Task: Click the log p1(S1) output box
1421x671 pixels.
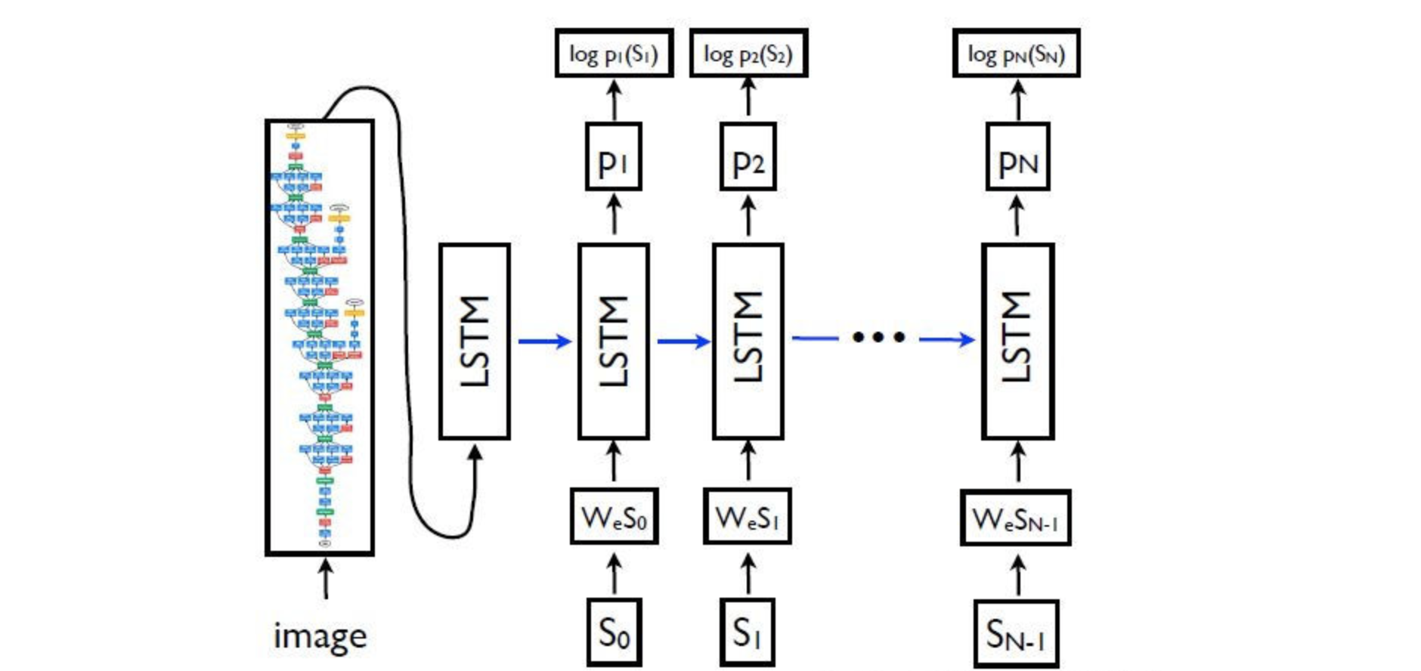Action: click(x=614, y=54)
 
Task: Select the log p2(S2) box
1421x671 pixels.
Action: click(x=748, y=54)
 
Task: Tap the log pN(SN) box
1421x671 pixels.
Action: click(x=1016, y=54)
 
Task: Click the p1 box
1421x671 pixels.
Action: click(x=613, y=157)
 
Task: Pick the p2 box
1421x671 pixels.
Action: click(x=748, y=157)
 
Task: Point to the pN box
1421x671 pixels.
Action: click(x=1017, y=157)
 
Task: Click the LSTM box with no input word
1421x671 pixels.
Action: click(x=475, y=341)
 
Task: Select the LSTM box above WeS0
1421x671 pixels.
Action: click(x=613, y=341)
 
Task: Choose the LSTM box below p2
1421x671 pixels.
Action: click(x=748, y=341)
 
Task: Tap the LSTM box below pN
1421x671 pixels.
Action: click(x=1017, y=341)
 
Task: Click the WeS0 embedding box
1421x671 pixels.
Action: click(x=614, y=517)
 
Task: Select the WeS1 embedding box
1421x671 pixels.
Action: click(x=747, y=517)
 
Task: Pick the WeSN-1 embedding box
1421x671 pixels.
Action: click(x=1015, y=518)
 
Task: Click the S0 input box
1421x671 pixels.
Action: click(x=614, y=632)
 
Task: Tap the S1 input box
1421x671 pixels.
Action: click(x=747, y=632)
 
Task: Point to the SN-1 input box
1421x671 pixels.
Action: click(x=1015, y=634)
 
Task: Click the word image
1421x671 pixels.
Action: click(x=320, y=636)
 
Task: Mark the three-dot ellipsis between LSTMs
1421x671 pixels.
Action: click(x=878, y=338)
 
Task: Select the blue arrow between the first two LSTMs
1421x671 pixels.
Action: click(x=544, y=342)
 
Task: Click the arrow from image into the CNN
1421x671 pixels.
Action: click(x=326, y=579)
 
